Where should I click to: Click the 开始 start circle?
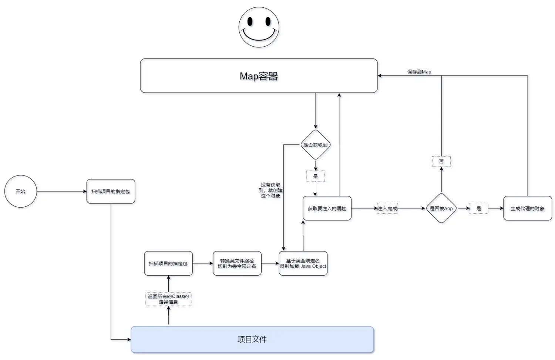pyautogui.click(x=20, y=191)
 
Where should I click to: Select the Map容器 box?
pyautogui.click(x=259, y=76)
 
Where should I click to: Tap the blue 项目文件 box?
pyautogui.click(x=252, y=339)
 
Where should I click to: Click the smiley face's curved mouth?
pyautogui.click(x=259, y=37)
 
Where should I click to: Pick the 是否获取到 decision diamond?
pyautogui.click(x=315, y=145)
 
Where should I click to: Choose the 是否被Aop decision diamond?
pyautogui.click(x=441, y=208)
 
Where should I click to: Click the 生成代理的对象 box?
pyautogui.click(x=527, y=208)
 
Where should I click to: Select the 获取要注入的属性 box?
pyautogui.click(x=327, y=208)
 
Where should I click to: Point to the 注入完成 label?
pyautogui.click(x=387, y=208)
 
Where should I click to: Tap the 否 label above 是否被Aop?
pyautogui.click(x=441, y=161)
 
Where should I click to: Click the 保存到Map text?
pyautogui.click(x=419, y=72)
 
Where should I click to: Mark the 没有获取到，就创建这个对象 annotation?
pyautogui.click(x=270, y=190)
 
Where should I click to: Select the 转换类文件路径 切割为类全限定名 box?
pyautogui.click(x=237, y=263)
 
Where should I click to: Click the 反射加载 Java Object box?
pyautogui.click(x=303, y=263)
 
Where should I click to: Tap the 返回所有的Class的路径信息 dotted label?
pyautogui.click(x=168, y=299)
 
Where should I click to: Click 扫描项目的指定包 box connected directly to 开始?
pyautogui.click(x=111, y=191)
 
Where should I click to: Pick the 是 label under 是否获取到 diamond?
pyautogui.click(x=315, y=176)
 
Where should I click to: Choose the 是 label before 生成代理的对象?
pyautogui.click(x=478, y=208)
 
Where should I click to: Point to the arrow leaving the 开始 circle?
pyautogui.click(x=61, y=191)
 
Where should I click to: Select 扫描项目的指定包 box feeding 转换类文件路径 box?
pyautogui.click(x=168, y=263)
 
